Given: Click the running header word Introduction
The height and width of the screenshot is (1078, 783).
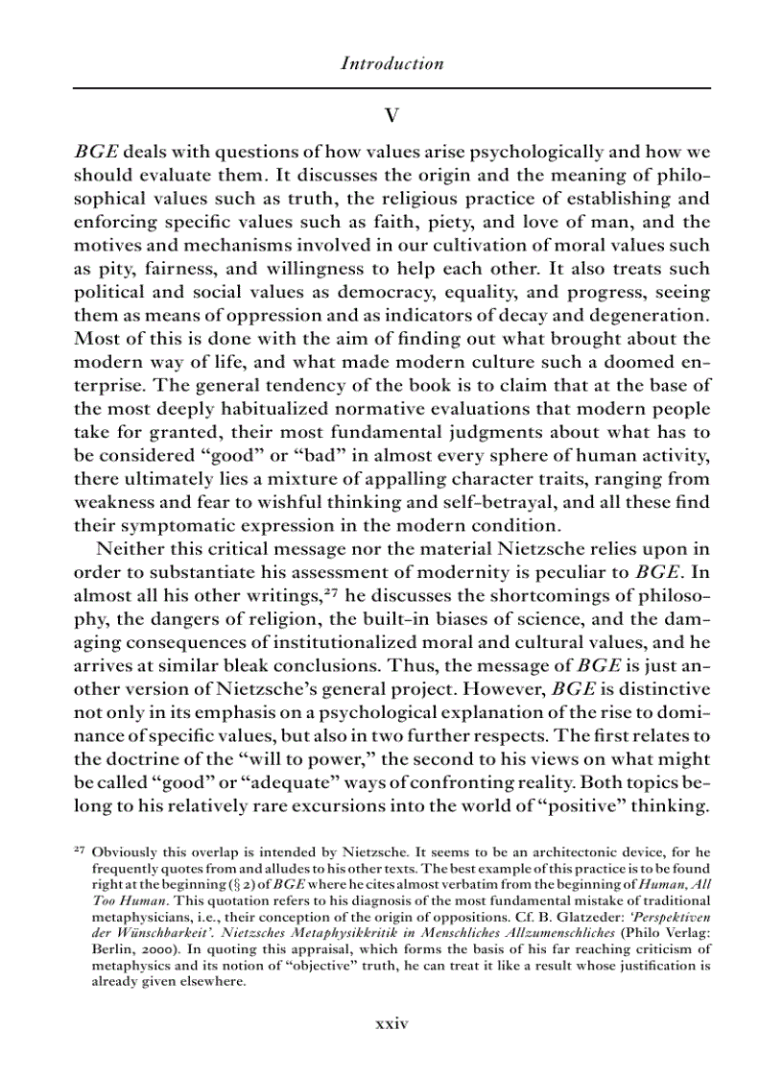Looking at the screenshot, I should [x=391, y=64].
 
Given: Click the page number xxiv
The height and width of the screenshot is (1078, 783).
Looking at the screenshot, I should [x=391, y=1023].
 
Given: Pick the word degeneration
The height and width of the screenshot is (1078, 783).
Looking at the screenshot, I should [x=638, y=315].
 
